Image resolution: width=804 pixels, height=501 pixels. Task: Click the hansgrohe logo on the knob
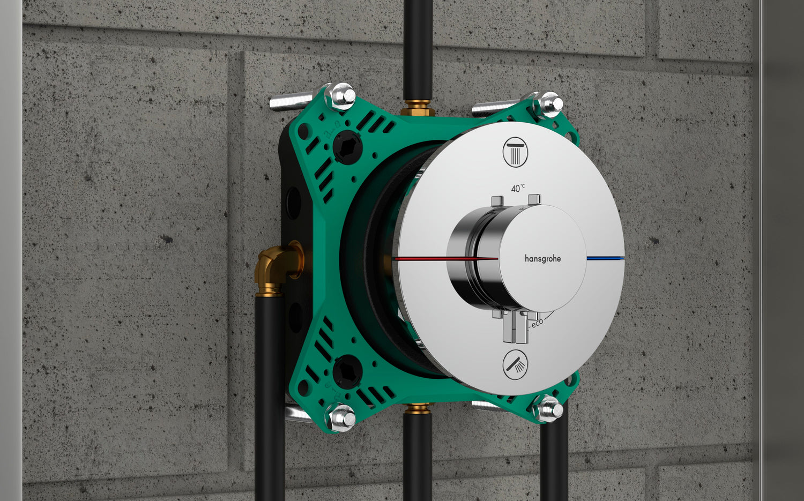pyautogui.click(x=542, y=258)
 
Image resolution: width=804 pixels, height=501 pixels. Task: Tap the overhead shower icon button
pyautogui.click(x=516, y=152)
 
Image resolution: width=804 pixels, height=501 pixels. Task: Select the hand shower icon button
pyautogui.click(x=516, y=365)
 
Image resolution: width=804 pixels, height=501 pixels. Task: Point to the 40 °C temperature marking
pyautogui.click(x=518, y=188)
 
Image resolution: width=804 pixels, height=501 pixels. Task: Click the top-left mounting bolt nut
pyautogui.click(x=340, y=96)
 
